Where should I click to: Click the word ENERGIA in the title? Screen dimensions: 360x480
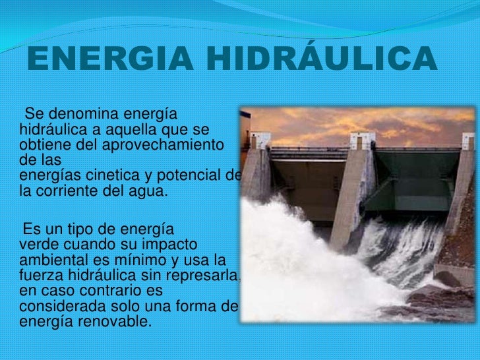click(x=106, y=60)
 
